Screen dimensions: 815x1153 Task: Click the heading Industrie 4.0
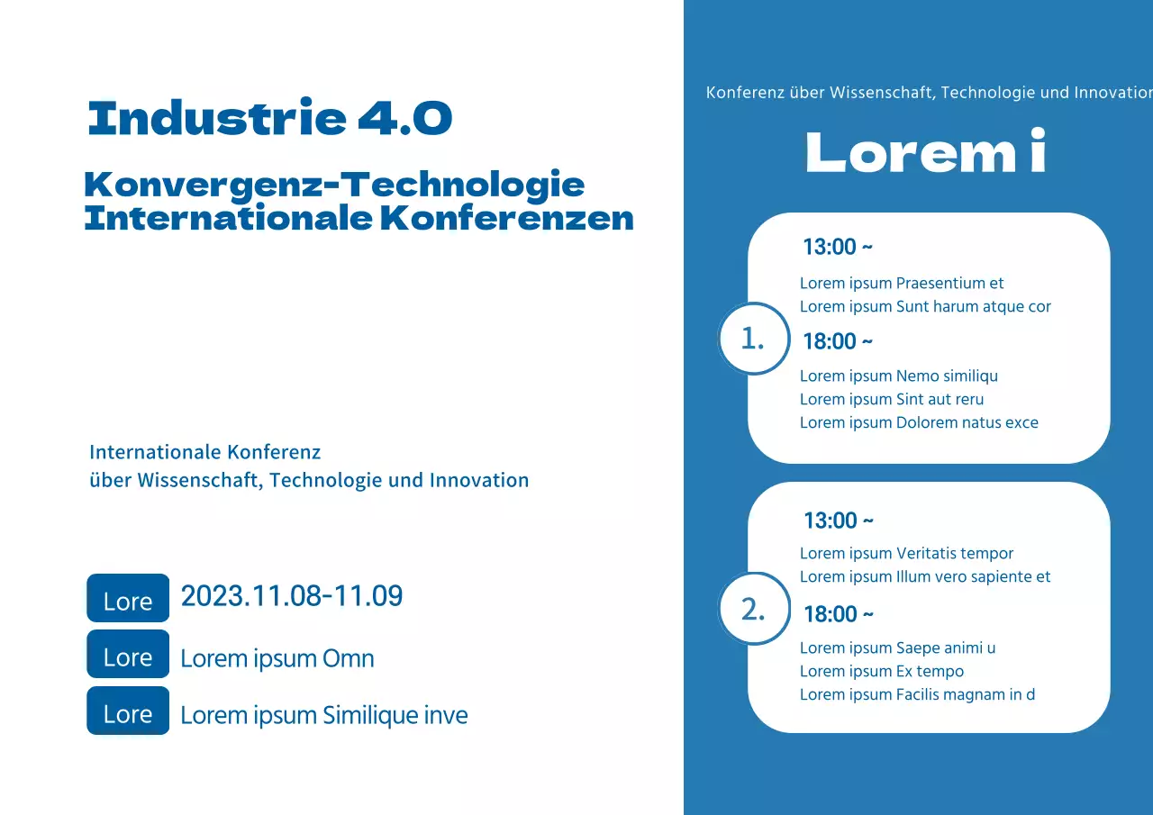point(270,118)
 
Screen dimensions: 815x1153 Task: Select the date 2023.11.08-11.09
point(292,596)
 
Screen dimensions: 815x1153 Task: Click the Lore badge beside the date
point(128,599)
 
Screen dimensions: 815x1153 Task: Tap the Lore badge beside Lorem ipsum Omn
point(128,655)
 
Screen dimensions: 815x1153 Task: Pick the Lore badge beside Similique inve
point(128,711)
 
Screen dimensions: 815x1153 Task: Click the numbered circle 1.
point(753,339)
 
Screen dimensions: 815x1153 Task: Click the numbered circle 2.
point(753,609)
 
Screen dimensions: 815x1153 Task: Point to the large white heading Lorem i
point(926,153)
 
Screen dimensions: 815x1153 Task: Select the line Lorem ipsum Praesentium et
point(902,283)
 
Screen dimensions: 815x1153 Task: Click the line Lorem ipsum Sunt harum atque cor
point(925,306)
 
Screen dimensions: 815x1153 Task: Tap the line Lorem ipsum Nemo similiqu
point(899,376)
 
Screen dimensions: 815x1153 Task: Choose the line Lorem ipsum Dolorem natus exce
point(919,422)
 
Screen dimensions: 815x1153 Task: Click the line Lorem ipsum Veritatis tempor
point(906,553)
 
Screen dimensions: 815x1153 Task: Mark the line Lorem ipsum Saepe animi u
point(897,647)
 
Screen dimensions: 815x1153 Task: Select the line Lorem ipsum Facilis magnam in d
point(917,694)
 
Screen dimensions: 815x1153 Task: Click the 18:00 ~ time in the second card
point(839,614)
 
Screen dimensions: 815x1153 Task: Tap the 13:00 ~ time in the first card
point(838,247)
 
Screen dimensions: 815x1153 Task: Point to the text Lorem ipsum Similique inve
point(324,715)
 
